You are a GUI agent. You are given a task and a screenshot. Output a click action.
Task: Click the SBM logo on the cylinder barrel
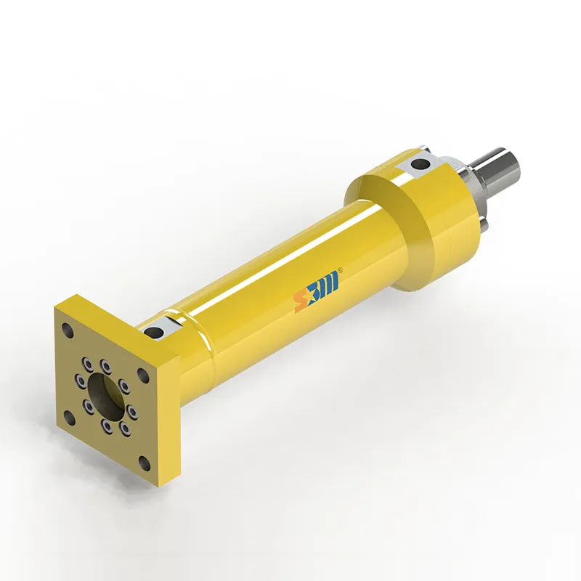(317, 290)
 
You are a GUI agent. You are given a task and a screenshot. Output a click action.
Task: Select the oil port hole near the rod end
(420, 164)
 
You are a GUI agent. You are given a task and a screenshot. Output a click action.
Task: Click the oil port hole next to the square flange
(154, 332)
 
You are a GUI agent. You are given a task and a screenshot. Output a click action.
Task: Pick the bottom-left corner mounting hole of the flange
(69, 418)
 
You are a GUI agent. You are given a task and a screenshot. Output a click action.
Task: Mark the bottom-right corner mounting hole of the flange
(145, 463)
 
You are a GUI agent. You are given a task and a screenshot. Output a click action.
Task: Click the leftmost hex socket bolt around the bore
(81, 381)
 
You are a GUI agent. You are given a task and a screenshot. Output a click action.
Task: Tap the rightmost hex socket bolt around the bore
(132, 413)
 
